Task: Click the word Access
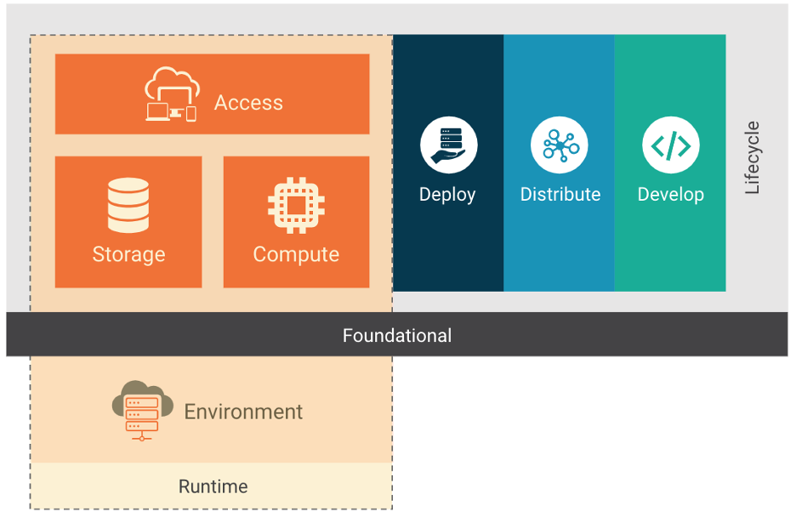coord(248,103)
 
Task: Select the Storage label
coord(128,254)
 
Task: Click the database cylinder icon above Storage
coord(128,205)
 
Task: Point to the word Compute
coord(296,254)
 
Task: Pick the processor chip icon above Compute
coord(296,205)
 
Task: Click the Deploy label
coord(447,195)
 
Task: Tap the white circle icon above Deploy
coord(448,145)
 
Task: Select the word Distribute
coord(560,195)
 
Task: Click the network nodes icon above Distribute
coord(560,145)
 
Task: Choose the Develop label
coord(671,195)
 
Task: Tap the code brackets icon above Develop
coord(671,145)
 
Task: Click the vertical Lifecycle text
coord(752,158)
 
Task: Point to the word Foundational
coord(397,335)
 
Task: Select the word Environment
coord(243,412)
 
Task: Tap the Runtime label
coord(213,486)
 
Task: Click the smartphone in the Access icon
coord(191,113)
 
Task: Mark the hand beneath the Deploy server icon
coord(446,156)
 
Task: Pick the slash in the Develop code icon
coord(671,145)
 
